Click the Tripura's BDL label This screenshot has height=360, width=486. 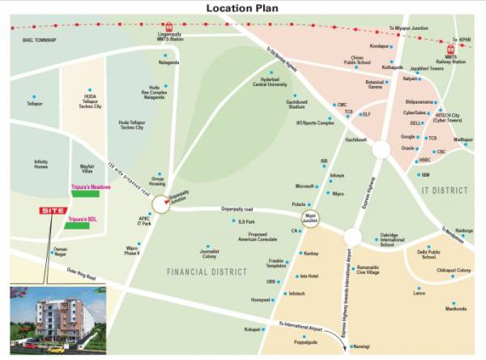click(83, 220)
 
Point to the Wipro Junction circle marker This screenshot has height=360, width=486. click(313, 219)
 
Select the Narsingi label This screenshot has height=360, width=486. click(361, 345)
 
